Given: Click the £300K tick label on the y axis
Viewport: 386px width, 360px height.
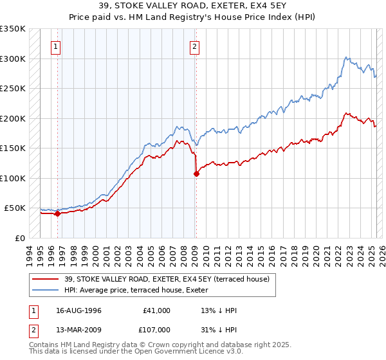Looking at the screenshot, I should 13,59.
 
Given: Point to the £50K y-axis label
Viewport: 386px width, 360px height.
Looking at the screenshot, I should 15,208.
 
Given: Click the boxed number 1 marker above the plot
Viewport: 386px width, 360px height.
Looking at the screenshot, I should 57,46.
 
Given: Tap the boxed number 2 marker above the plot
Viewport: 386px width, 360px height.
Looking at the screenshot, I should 194,46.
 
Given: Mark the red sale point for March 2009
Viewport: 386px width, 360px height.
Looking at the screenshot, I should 196,174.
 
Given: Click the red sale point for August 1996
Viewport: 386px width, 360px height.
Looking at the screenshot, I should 57,214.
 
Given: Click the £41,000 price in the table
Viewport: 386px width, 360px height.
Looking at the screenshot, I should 156,310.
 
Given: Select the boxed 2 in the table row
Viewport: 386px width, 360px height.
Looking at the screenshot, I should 33,328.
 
